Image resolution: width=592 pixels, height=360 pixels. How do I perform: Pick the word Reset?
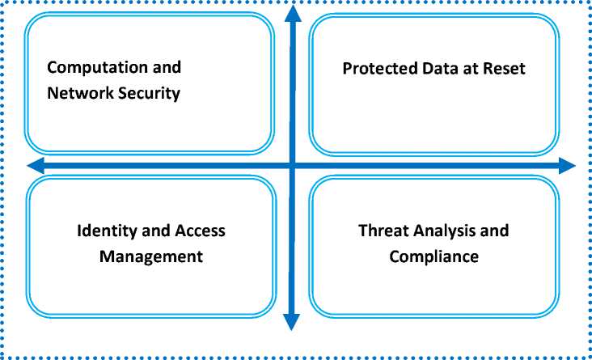tap(503, 68)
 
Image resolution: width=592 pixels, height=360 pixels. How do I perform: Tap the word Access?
tap(200, 231)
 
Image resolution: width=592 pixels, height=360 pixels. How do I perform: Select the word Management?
tap(150, 257)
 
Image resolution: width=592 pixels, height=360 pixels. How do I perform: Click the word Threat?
tap(382, 231)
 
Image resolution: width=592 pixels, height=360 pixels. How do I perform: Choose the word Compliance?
tap(434, 257)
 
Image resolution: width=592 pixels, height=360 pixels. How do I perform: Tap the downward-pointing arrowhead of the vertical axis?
tap(293, 323)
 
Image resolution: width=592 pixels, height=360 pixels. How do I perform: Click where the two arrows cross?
tap(293, 166)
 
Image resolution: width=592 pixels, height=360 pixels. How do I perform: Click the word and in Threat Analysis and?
tap(495, 231)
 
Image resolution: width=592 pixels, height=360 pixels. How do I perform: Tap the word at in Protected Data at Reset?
tap(467, 68)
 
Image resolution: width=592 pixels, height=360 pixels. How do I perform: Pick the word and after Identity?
tap(157, 231)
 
